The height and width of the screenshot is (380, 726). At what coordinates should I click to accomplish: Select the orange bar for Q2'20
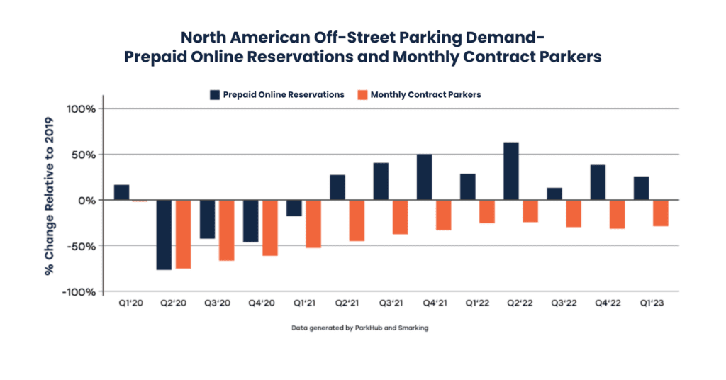click(184, 234)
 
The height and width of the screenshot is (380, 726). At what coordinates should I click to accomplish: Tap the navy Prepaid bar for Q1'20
click(121, 192)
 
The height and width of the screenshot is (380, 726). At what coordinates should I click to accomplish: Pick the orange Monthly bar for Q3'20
click(226, 230)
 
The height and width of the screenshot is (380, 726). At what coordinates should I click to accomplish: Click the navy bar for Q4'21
click(424, 177)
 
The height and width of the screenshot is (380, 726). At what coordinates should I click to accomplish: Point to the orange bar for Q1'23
click(660, 213)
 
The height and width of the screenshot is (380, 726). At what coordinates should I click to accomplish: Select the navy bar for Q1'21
click(294, 208)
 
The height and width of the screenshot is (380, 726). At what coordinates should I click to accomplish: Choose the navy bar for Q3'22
click(554, 194)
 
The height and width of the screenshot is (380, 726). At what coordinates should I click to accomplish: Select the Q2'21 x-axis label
click(347, 302)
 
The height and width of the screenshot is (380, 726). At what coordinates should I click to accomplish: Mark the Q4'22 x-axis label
click(606, 302)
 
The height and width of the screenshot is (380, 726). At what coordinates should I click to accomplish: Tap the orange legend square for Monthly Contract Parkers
click(362, 94)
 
